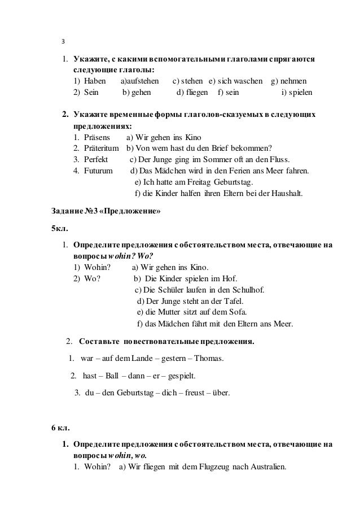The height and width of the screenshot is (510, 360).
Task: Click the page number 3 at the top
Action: (x=63, y=42)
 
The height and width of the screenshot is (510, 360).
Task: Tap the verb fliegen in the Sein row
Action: (x=197, y=92)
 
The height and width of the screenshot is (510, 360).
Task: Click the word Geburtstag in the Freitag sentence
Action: (x=234, y=182)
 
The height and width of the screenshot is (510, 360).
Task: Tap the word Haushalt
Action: (x=286, y=193)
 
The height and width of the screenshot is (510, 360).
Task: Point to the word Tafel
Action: (x=223, y=301)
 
